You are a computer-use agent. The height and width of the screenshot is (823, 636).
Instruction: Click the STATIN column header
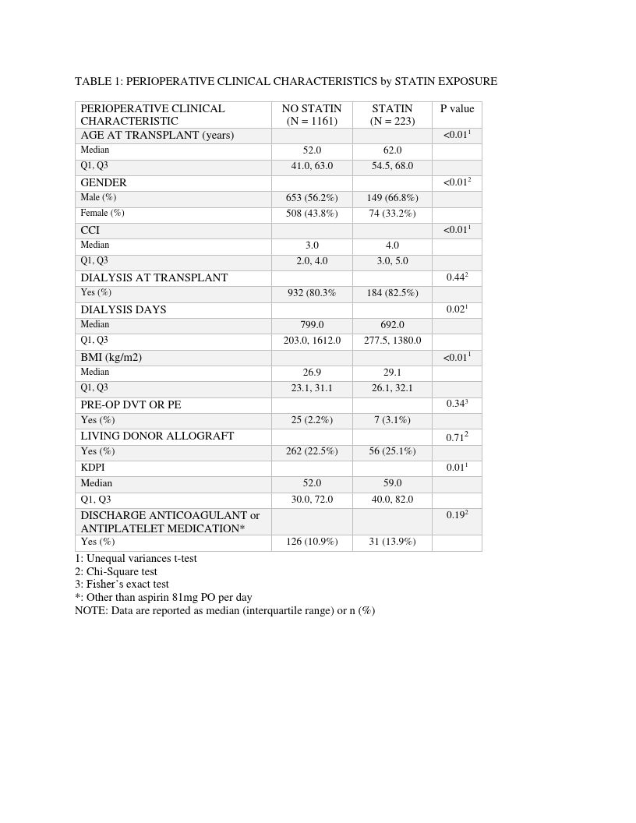pyautogui.click(x=392, y=115)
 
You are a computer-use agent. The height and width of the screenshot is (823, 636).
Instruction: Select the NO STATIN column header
pyautogui.click(x=312, y=115)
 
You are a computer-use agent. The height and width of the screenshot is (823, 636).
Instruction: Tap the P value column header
pyautogui.click(x=457, y=109)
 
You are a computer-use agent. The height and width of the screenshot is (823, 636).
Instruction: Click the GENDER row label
pyautogui.click(x=104, y=182)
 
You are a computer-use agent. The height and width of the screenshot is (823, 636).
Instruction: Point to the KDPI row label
pyautogui.click(x=94, y=468)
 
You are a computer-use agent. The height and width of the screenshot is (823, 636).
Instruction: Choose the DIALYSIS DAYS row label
pyautogui.click(x=123, y=309)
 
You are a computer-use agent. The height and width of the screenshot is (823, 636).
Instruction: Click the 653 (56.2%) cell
pyautogui.click(x=312, y=198)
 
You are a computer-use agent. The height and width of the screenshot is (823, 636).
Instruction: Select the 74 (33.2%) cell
pyautogui.click(x=392, y=214)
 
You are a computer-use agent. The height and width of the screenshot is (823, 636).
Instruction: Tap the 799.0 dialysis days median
pyautogui.click(x=312, y=325)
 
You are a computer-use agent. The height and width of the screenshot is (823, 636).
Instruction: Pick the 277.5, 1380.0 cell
pyautogui.click(x=392, y=341)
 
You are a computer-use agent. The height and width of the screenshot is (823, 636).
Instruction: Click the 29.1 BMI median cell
pyautogui.click(x=392, y=373)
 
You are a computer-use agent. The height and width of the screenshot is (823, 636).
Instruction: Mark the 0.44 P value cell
pyautogui.click(x=457, y=277)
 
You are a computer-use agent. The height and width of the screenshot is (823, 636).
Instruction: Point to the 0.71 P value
pyautogui.click(x=457, y=437)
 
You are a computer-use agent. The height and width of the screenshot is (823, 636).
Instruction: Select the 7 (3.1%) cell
pyautogui.click(x=392, y=420)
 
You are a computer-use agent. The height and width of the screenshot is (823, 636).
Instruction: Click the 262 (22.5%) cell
pyautogui.click(x=312, y=451)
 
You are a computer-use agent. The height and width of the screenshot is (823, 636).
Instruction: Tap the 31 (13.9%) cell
pyautogui.click(x=392, y=542)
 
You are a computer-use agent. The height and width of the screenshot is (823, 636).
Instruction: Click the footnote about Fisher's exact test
pyautogui.click(x=122, y=585)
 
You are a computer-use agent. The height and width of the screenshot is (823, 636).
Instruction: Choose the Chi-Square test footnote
pyautogui.click(x=116, y=571)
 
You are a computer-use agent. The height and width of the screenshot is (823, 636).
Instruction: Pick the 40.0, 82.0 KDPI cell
pyautogui.click(x=392, y=500)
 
